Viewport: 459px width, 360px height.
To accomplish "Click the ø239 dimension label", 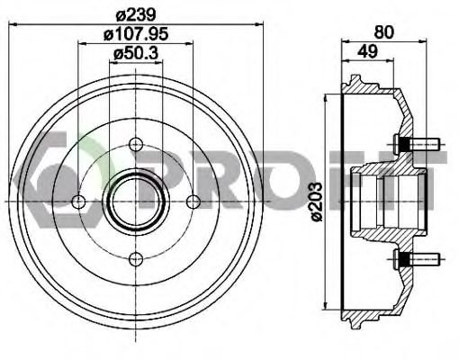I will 136,12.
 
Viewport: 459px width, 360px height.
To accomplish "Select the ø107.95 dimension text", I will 136,37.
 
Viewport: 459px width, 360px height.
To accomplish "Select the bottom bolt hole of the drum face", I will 136,259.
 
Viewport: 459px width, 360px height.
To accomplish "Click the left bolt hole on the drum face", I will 78,201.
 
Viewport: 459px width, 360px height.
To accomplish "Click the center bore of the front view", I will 136,201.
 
